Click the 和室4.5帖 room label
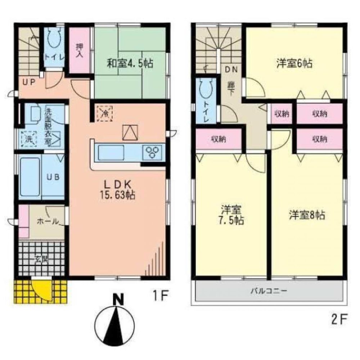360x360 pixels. click(x=130, y=64)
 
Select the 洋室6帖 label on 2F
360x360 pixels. click(x=294, y=64)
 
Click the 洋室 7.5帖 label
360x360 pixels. click(x=231, y=215)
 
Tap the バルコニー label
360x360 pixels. click(x=269, y=291)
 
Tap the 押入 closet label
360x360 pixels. click(x=79, y=51)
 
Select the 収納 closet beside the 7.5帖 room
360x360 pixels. click(x=219, y=139)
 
